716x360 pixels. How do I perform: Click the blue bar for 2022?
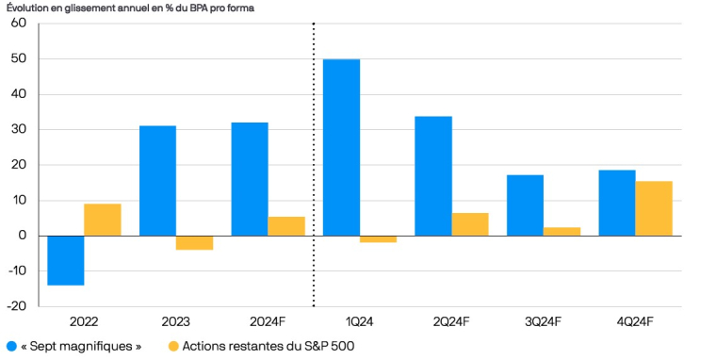66,260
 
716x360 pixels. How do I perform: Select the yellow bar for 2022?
103,220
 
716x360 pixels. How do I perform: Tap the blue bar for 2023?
157,180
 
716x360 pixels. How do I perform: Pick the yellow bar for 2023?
194,242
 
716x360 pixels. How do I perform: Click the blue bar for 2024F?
250,179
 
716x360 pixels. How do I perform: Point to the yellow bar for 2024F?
286,226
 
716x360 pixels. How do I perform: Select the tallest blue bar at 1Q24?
341,147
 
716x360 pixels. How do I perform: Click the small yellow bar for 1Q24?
378,239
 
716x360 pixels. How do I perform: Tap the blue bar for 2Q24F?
433,175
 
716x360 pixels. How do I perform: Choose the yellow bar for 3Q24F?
562,232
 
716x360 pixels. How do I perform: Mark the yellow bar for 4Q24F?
654,208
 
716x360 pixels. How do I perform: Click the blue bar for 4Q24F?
617,203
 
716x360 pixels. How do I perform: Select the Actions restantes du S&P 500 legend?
259,346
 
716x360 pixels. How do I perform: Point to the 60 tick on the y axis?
18,24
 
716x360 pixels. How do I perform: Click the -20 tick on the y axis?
16,306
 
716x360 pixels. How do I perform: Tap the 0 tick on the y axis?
21,236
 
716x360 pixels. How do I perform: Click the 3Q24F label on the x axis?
544,322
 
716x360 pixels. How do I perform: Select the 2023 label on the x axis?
176,322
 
